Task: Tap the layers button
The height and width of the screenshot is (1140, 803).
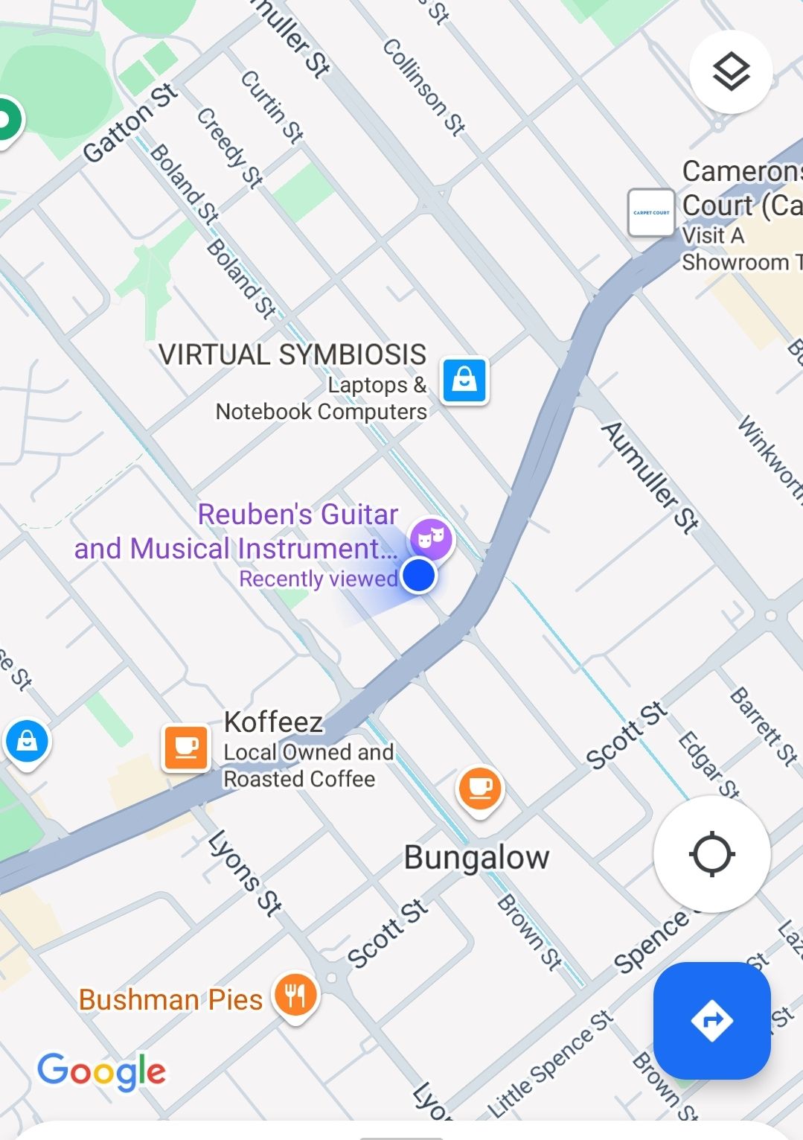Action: (x=731, y=72)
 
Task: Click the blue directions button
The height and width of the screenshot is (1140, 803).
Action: (x=711, y=1020)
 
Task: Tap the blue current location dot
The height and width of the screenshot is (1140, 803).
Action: (x=419, y=576)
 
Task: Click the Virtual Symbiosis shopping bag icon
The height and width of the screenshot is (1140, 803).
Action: (x=464, y=380)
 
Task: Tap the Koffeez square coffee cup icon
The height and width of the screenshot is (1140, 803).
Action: (x=186, y=748)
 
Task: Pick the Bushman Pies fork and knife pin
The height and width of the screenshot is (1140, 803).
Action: (x=296, y=995)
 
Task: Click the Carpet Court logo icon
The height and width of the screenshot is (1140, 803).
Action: (x=651, y=213)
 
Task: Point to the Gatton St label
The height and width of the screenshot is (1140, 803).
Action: (x=131, y=122)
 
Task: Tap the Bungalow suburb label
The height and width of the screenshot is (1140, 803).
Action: (x=476, y=858)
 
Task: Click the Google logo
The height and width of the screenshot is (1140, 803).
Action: (x=102, y=1071)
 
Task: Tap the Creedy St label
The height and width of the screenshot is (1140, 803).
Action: (x=230, y=147)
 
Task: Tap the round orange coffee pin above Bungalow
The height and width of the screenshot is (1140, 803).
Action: (x=480, y=789)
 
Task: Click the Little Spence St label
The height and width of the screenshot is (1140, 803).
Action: (x=551, y=1064)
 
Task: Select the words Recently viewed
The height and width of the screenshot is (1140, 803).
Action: (x=318, y=579)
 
